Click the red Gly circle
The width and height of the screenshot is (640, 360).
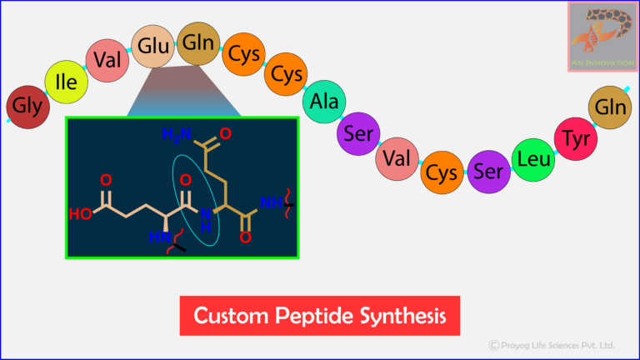click(24, 107)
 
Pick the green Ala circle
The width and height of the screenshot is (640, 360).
click(324, 102)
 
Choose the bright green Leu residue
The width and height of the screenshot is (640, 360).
click(532, 158)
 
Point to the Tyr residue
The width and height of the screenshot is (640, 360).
click(575, 136)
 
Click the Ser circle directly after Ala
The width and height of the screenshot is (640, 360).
click(358, 132)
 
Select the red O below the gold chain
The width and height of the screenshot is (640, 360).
click(246, 237)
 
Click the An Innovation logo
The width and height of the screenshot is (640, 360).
click(602, 37)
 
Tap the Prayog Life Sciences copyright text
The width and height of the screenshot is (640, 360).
click(552, 344)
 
